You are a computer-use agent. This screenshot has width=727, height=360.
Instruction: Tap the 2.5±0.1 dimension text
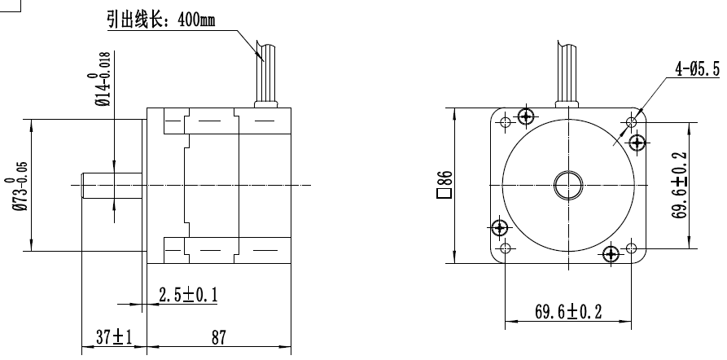pyautogui.click(x=187, y=296)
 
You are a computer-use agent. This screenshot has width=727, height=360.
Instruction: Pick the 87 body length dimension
pyautogui.click(x=218, y=337)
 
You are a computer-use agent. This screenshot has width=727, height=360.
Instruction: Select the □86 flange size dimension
pyautogui.click(x=444, y=186)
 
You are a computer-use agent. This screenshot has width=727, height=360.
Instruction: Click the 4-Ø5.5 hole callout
pyautogui.click(x=698, y=70)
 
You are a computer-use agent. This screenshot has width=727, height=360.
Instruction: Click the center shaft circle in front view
pyautogui.click(x=567, y=186)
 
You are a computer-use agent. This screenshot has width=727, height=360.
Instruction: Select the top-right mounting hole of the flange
pyautogui.click(x=631, y=122)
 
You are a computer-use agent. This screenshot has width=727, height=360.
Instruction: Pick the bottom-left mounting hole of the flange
pyautogui.click(x=505, y=248)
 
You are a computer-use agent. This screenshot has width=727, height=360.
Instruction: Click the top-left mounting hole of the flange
pyautogui.click(x=505, y=122)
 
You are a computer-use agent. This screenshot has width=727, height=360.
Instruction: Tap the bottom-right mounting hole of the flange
pyautogui.click(x=631, y=248)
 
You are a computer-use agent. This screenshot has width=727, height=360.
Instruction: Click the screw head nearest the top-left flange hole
pyautogui.click(x=527, y=116)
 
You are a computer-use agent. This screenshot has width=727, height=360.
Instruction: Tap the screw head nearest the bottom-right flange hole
pyautogui.click(x=611, y=254)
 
